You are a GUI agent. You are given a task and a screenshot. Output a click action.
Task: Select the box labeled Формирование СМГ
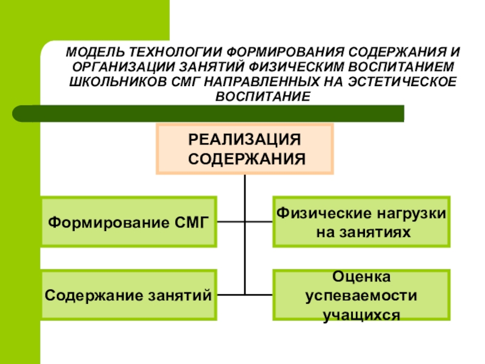129,221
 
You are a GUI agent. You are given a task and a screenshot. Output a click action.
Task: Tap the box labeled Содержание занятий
129,295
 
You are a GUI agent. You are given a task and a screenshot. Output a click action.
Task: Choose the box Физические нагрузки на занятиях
361,221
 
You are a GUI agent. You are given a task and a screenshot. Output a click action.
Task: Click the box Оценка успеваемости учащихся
361,295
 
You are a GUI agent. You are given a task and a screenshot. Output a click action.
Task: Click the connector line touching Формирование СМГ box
230,221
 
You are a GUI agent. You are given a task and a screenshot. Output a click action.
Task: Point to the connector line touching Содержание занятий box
230,295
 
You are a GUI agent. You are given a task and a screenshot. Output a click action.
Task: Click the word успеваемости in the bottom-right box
361,297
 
